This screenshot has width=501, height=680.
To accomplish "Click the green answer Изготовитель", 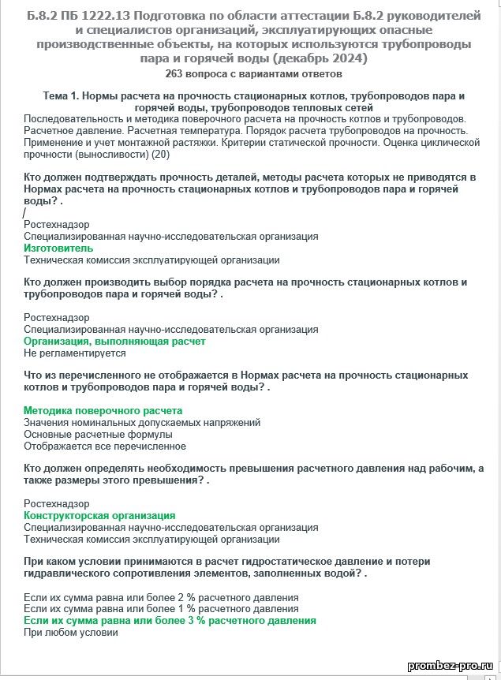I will [58, 248].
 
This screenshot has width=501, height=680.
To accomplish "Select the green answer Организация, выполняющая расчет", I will [114, 342].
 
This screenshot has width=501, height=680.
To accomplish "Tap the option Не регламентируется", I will [69, 353].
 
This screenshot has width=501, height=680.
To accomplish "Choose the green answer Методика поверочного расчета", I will [103, 411].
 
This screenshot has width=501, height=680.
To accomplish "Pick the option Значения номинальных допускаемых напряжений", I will [142, 423].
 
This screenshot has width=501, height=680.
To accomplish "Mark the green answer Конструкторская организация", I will [99, 516].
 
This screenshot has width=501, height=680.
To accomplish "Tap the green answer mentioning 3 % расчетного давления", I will [170, 621].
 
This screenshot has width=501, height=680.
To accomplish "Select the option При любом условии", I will [71, 633].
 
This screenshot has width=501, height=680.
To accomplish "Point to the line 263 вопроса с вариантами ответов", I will [253, 74].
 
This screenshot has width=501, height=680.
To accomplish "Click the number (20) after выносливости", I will [160, 154].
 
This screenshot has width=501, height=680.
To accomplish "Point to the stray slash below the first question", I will [25, 213].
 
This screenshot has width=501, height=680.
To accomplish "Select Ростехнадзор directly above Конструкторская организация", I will [57, 503].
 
